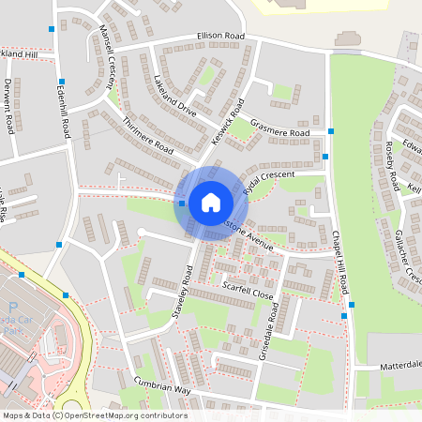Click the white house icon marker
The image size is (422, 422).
click(210, 202)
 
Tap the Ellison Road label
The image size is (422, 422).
click(220, 37)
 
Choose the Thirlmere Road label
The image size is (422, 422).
click(148, 136)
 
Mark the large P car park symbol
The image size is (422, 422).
click(12, 306)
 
